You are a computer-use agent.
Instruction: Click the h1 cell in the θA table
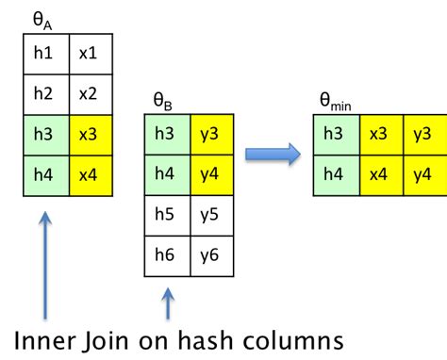[x=45, y=54]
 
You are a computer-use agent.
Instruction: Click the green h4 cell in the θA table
[x=45, y=175]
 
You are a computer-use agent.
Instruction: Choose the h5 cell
[x=167, y=215]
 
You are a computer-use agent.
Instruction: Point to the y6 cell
[x=209, y=255]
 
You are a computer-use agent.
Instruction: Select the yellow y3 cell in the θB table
[x=209, y=134]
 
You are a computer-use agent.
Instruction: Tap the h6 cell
[x=167, y=255]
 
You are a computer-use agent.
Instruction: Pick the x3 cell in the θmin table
[x=376, y=135]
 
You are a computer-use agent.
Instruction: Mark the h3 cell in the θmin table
[x=334, y=135]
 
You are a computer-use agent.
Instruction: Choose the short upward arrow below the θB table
[x=168, y=304]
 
